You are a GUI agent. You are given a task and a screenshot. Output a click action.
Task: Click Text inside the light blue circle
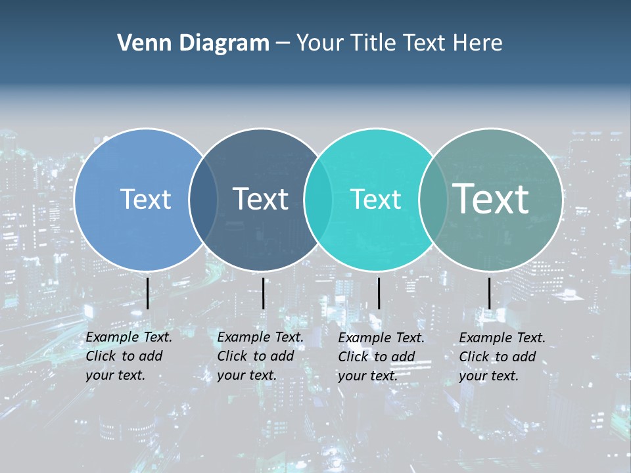click(x=145, y=199)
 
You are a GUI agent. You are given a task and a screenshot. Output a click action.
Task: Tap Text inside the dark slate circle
click(x=260, y=199)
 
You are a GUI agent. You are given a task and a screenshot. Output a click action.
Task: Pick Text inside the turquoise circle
click(x=375, y=199)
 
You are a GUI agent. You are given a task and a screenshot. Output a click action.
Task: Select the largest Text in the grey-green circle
click(x=491, y=198)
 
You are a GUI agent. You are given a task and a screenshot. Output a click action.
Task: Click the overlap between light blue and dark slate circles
click(x=203, y=199)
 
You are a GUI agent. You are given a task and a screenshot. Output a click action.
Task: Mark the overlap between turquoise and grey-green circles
click(x=432, y=199)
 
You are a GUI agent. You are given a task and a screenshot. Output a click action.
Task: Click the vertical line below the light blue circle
click(x=147, y=293)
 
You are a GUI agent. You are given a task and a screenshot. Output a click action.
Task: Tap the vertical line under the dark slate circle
click(x=263, y=293)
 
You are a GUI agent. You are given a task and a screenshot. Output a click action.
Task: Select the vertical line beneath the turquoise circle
click(x=379, y=293)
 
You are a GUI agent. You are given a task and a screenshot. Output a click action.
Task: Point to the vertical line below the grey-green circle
click(x=489, y=293)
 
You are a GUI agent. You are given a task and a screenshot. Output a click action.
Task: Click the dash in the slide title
click(x=283, y=44)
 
